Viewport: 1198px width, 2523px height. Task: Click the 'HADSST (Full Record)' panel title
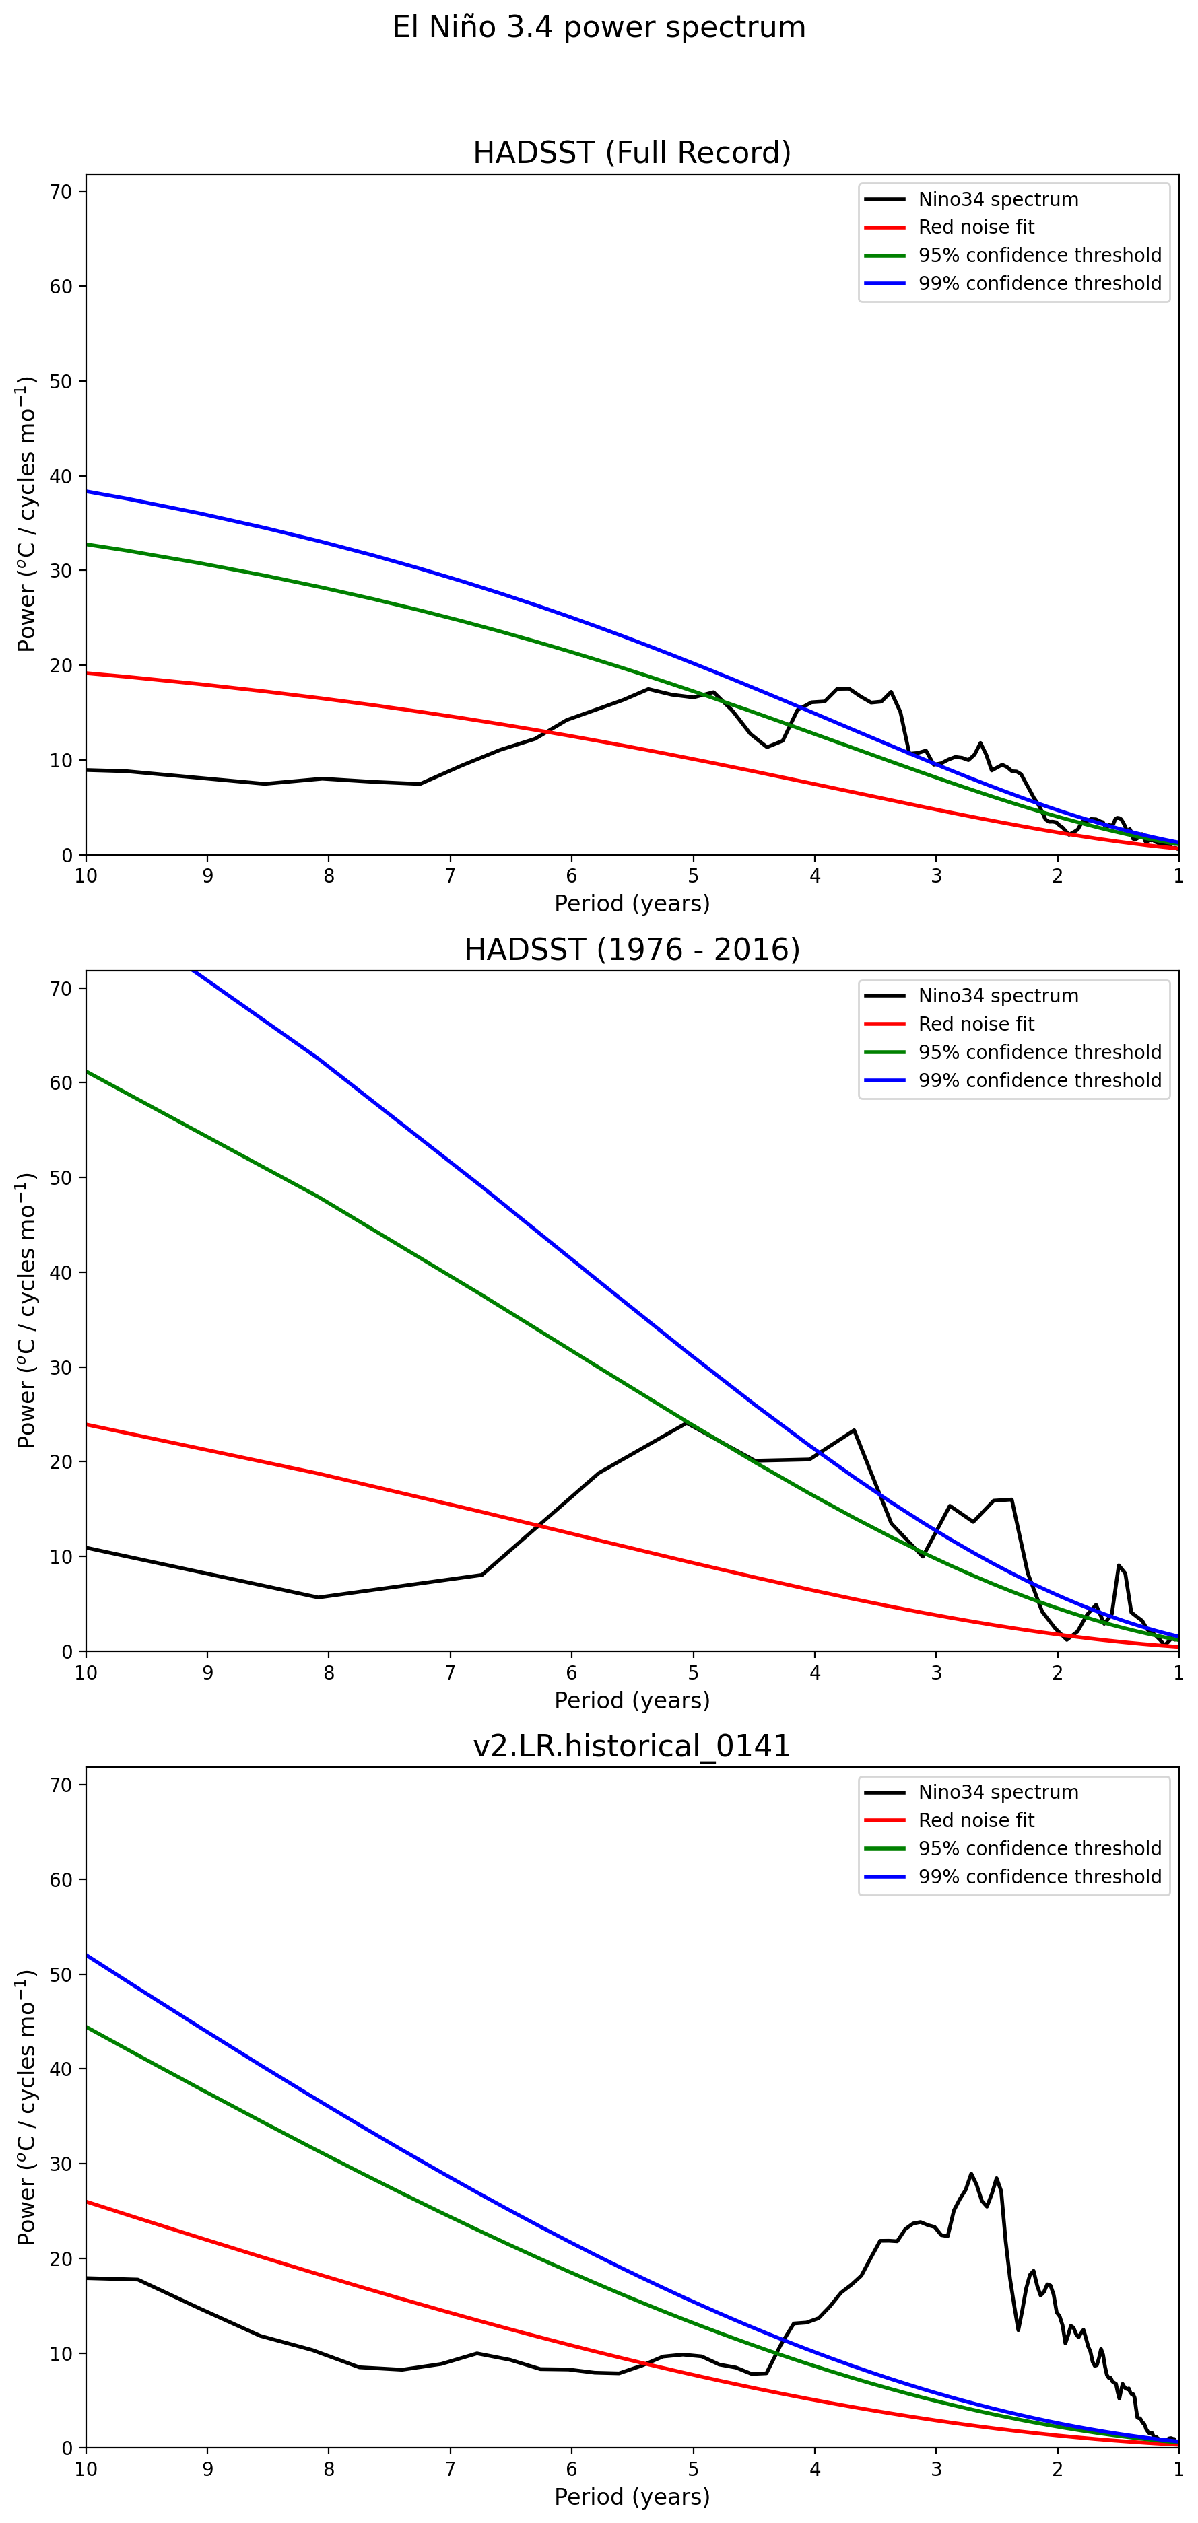click(632, 153)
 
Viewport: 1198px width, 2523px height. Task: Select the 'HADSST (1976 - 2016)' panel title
click(632, 949)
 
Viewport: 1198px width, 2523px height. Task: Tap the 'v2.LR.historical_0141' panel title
click(632, 1746)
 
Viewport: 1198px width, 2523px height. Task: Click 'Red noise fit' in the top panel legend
click(976, 228)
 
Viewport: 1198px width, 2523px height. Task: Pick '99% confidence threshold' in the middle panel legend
click(1039, 1080)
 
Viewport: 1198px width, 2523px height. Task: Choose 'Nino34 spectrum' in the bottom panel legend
click(997, 1793)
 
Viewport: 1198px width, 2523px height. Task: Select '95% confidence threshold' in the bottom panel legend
click(1039, 1848)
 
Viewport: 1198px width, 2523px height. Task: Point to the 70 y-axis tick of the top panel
click(61, 192)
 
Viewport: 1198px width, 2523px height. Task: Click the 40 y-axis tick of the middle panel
click(61, 1272)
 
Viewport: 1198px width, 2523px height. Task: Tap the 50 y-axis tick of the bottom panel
click(61, 1974)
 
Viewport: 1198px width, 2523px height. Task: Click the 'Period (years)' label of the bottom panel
click(632, 2497)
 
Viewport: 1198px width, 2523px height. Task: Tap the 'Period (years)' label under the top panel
click(632, 903)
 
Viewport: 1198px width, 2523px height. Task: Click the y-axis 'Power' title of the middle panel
click(26, 1311)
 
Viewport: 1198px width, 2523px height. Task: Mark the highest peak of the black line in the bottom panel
click(972, 2174)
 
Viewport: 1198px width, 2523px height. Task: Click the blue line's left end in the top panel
click(87, 491)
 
